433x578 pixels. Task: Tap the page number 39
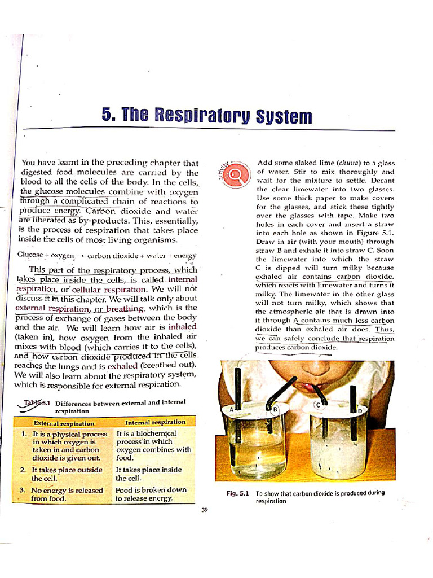click(205, 510)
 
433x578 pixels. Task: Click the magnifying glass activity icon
click(235, 174)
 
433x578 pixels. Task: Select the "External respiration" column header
click(64, 423)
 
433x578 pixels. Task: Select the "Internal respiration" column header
click(155, 422)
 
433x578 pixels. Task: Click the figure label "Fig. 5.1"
click(237, 493)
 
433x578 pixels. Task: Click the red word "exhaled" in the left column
click(122, 365)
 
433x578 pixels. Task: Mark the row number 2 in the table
click(23, 470)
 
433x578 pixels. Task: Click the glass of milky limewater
click(337, 446)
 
